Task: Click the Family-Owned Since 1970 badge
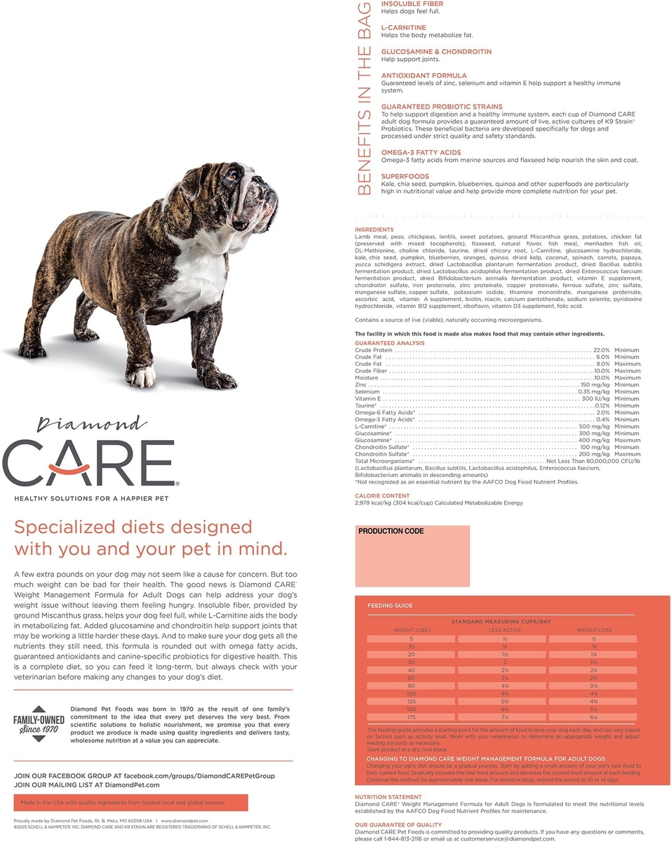(39, 723)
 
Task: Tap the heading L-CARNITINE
(403, 27)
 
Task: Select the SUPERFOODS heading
(405, 176)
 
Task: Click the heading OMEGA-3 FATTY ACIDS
(421, 152)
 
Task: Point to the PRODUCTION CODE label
(391, 531)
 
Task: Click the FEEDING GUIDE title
(390, 606)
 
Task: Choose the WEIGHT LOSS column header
(594, 630)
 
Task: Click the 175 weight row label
(412, 717)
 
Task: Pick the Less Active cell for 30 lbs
(505, 661)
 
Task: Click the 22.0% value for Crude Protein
(602, 349)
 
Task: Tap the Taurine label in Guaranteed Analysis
(365, 406)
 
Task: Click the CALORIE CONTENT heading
(382, 496)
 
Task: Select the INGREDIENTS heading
(374, 229)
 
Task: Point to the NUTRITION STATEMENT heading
(388, 797)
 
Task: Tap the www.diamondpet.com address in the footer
(184, 820)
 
